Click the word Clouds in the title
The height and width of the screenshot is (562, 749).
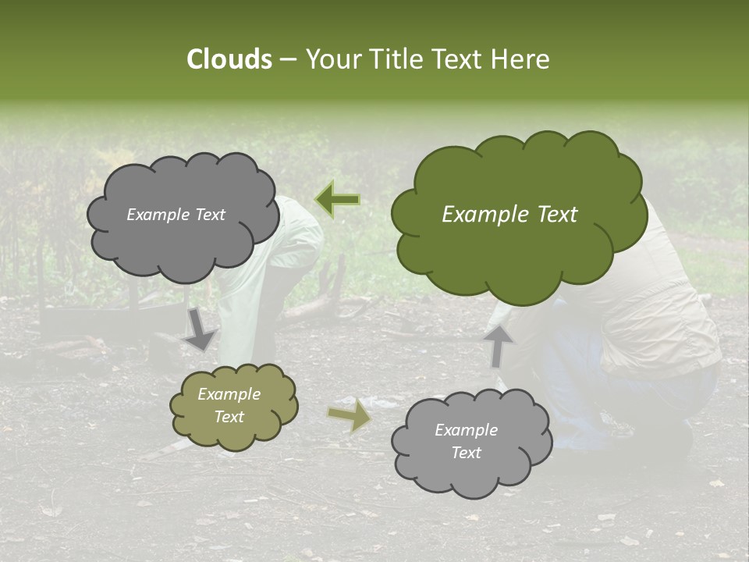click(229, 59)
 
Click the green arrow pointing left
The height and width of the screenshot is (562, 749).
click(337, 200)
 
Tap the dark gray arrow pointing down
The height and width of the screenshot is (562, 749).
click(200, 329)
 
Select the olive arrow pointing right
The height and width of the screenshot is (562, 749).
click(349, 416)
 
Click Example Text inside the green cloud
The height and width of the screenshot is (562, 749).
click(509, 215)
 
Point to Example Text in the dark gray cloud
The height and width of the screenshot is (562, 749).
click(176, 215)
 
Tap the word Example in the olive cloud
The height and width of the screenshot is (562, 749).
click(229, 394)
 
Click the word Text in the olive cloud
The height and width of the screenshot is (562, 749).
click(229, 417)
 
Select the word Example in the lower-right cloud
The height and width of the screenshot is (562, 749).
click(466, 430)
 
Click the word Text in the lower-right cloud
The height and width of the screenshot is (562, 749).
click(466, 453)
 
